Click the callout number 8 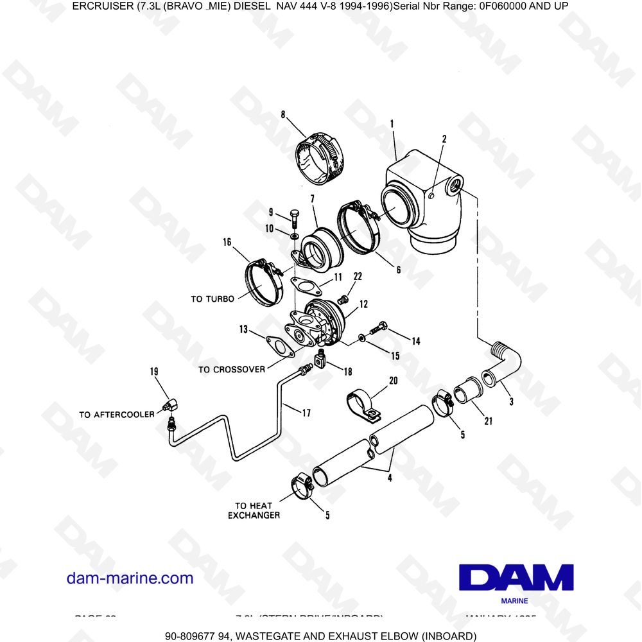point(283,115)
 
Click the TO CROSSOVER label point(231,370)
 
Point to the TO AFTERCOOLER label point(117,415)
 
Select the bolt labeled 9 point(294,218)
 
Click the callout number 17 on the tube point(306,413)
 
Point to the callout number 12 point(363,303)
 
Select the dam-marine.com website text point(130,578)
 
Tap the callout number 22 point(358,277)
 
